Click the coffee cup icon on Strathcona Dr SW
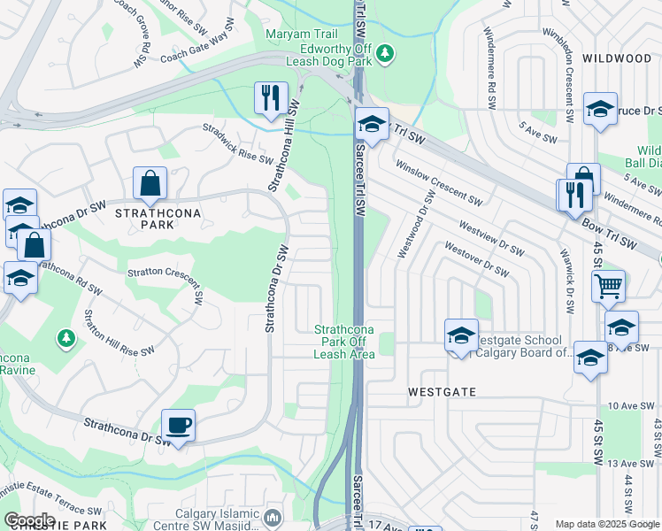pos(178,426)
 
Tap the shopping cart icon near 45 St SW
pos(608,285)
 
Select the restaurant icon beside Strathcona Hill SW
pos(270,97)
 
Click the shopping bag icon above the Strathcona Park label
pos(150,184)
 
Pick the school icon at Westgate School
pos(461,335)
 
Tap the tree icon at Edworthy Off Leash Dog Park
pos(384,55)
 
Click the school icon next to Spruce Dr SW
pos(601,109)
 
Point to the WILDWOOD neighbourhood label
pos(617,58)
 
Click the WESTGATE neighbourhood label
pos(442,391)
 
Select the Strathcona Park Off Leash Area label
pos(345,342)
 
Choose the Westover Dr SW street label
pos(476,258)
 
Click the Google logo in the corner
pos(29,520)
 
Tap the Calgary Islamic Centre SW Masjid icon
pos(273,516)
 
